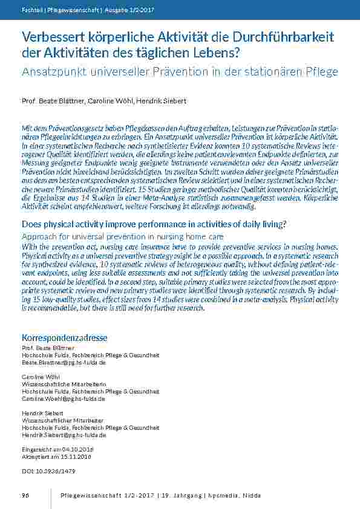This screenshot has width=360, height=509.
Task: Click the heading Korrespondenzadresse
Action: tap(65, 337)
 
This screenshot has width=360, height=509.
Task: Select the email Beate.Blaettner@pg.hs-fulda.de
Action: tap(64, 362)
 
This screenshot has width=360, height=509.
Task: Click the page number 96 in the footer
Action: tap(26, 495)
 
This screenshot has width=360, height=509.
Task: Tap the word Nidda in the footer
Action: tap(251, 495)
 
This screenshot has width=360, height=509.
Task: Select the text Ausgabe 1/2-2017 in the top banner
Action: tap(135, 10)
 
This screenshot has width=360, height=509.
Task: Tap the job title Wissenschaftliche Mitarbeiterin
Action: tap(64, 384)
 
